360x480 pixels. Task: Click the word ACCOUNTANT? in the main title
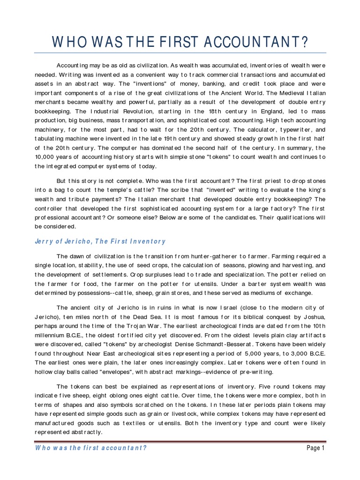pos(255,43)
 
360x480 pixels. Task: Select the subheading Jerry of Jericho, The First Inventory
pos(100,241)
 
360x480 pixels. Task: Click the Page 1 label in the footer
pos(315,448)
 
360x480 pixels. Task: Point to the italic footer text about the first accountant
pos(91,448)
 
